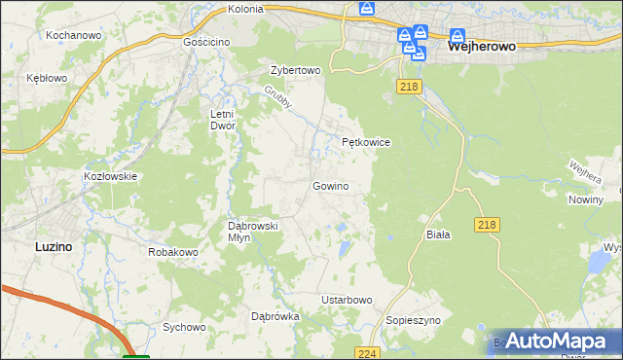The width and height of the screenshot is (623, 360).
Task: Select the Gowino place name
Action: coord(330,186)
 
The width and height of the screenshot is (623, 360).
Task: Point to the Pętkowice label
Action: coord(366,142)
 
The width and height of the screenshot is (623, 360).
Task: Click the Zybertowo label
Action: coord(295,70)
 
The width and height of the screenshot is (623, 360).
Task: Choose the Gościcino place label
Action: coord(206,43)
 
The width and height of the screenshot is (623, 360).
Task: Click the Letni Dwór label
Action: coord(223,120)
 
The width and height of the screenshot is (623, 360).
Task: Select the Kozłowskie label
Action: coord(110,176)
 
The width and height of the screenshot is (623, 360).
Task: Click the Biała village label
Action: coord(438,235)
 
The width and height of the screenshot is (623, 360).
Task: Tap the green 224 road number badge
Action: coord(366,353)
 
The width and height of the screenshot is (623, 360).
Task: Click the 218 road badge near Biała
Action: coord(489,225)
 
